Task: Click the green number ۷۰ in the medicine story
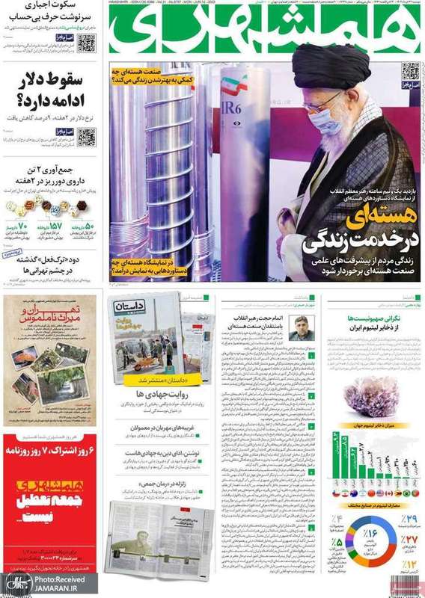tap(20, 226)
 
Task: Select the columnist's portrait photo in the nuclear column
tap(301, 328)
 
